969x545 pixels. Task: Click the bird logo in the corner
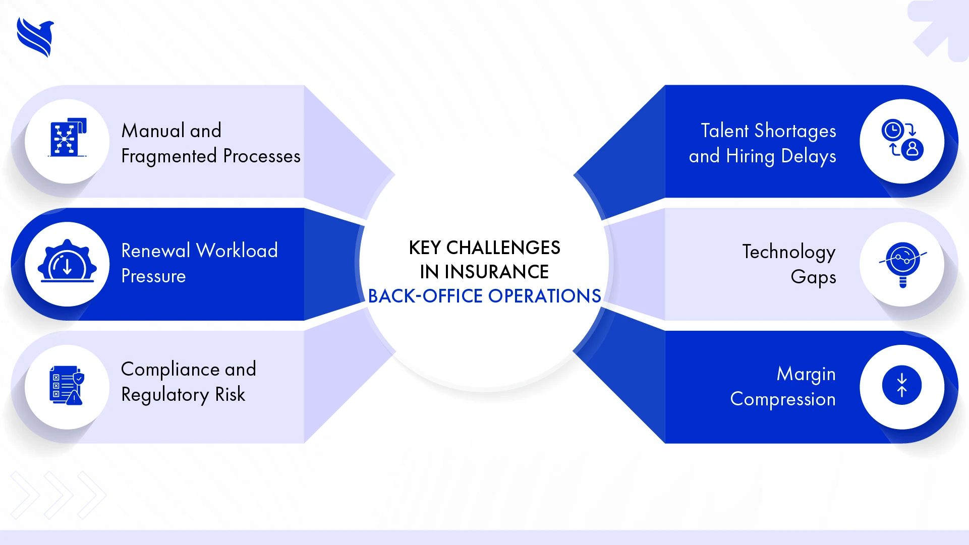(x=35, y=37)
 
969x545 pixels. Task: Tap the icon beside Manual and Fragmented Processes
(x=68, y=138)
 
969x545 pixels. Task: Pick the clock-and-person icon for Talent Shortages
(x=902, y=140)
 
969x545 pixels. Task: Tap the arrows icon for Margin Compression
(x=901, y=385)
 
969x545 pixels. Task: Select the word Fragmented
(x=169, y=156)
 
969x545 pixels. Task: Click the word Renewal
(x=155, y=251)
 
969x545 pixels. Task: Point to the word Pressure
(x=153, y=276)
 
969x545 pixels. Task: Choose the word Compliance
(x=170, y=370)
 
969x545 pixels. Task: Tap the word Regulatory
(x=165, y=395)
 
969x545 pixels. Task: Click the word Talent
(x=724, y=131)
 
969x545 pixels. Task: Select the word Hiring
(x=750, y=156)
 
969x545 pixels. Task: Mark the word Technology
(x=788, y=252)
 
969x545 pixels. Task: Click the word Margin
(x=806, y=374)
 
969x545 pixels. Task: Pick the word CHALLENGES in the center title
(x=503, y=248)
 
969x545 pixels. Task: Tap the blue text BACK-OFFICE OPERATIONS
(x=484, y=296)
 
